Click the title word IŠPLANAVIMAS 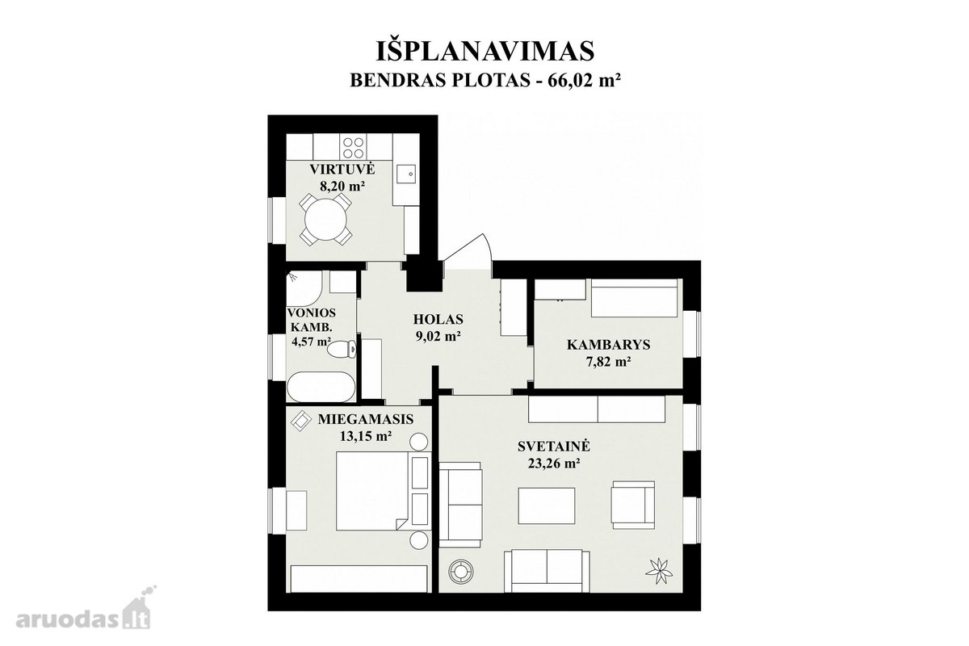click(x=485, y=51)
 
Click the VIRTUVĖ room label click(x=342, y=170)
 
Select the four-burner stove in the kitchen click(x=353, y=147)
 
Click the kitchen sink click(x=406, y=174)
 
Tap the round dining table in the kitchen click(x=325, y=219)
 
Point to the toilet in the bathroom click(x=342, y=349)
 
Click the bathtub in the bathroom click(x=321, y=387)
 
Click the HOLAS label click(x=438, y=319)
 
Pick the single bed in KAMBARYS click(x=634, y=298)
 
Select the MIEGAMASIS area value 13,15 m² click(x=366, y=436)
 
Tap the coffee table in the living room click(x=547, y=505)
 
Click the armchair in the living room click(x=632, y=505)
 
